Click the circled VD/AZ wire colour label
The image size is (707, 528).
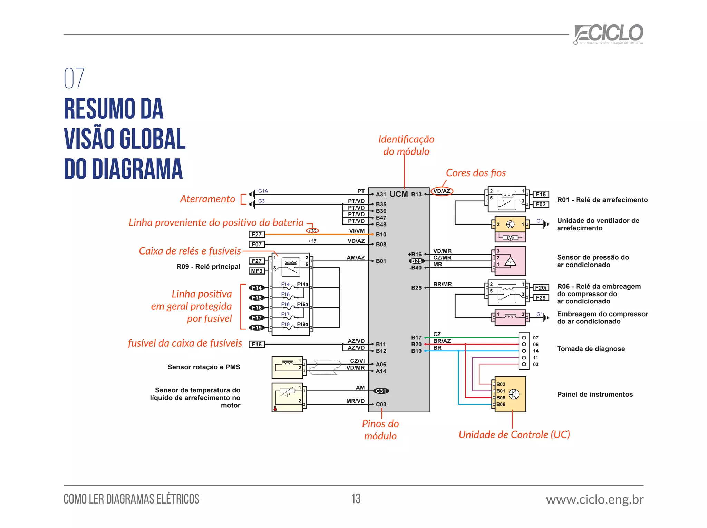point(442,191)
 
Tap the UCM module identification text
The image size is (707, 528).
point(399,194)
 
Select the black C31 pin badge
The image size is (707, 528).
point(381,391)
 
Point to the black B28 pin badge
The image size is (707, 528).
point(416,261)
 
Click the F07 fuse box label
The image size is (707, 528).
point(256,244)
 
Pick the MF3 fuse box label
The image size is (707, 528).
point(256,271)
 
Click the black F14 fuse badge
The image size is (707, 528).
point(257,288)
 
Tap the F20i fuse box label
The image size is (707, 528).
point(541,288)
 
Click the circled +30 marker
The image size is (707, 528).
point(312,231)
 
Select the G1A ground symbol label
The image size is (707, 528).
point(263,191)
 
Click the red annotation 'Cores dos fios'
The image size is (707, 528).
point(476,173)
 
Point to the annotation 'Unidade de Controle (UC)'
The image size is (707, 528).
point(514,435)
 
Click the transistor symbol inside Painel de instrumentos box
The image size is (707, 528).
point(514,394)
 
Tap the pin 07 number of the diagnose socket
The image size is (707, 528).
point(535,338)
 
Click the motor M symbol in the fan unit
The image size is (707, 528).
point(510,238)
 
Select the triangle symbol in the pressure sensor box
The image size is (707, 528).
point(510,261)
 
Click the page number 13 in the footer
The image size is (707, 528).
point(356,499)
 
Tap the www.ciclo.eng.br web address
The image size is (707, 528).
point(594,499)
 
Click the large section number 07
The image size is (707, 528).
point(74,78)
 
